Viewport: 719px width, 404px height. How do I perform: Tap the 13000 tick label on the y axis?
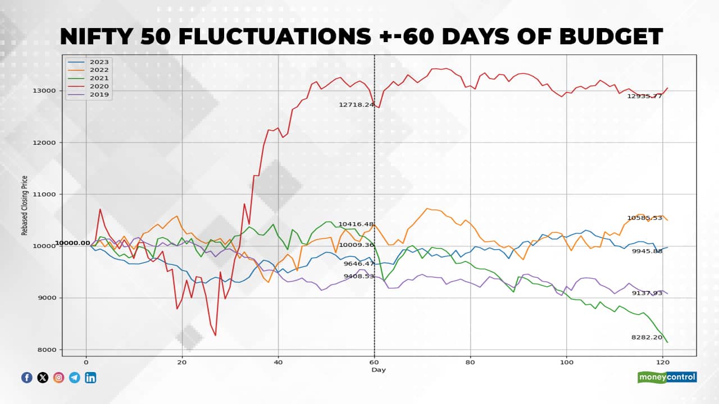(43, 91)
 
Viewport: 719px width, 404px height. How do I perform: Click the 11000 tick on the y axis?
(43, 195)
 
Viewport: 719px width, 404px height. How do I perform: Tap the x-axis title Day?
(379, 370)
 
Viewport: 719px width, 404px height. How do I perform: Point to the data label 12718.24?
(356, 105)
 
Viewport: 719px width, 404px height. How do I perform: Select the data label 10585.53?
(644, 218)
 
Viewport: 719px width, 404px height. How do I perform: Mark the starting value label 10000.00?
(72, 243)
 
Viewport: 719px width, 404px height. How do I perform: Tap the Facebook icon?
(27, 378)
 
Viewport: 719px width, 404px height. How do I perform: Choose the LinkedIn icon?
(90, 378)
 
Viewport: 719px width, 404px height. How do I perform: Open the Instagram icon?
(58, 378)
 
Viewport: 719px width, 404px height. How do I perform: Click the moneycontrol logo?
(667, 377)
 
